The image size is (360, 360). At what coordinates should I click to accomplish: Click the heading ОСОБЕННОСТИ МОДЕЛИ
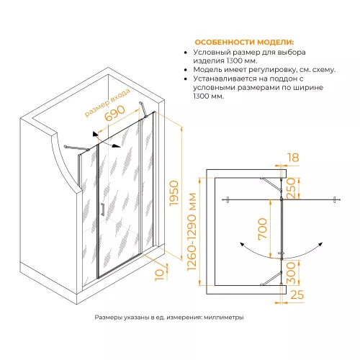[x=244, y=42]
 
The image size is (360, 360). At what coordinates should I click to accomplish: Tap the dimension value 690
[x=115, y=113]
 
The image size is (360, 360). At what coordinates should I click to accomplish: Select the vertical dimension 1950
[x=174, y=193]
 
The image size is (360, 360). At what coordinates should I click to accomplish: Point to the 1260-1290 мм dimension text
[x=192, y=232]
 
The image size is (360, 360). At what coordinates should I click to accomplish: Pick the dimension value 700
[x=262, y=229]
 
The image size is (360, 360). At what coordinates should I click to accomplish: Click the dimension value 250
[x=291, y=189]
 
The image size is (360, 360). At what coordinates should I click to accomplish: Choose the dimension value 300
[x=291, y=273]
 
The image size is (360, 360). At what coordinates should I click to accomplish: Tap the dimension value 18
[x=293, y=158]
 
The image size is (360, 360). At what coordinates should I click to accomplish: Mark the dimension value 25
[x=297, y=294]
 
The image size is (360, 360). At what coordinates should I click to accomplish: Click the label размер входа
[x=108, y=103]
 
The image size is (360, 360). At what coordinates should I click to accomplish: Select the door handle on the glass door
[x=103, y=210]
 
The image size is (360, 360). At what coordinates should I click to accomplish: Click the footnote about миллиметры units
[x=169, y=318]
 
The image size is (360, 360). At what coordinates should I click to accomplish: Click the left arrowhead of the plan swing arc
[x=242, y=245]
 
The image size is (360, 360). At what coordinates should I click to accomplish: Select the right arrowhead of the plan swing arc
[x=320, y=245]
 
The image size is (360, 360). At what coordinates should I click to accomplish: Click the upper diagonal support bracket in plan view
[x=271, y=184]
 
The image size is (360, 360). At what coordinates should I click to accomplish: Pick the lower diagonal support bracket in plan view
[x=271, y=279]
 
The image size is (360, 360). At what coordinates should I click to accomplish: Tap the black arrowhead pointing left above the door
[x=95, y=134]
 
